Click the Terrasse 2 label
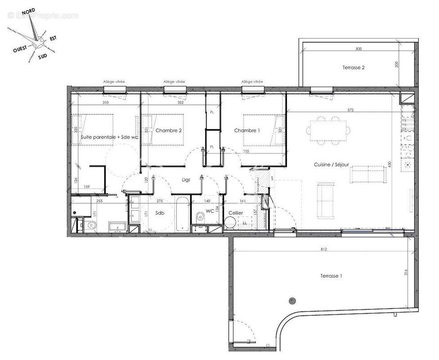coord(354,68)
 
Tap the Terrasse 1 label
coord(331,276)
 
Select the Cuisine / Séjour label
coord(331,165)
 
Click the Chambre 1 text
coord(247,130)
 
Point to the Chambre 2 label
coord(169,130)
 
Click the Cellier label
coord(236,213)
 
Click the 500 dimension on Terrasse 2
coord(358,49)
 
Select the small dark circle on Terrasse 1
coord(293,300)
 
